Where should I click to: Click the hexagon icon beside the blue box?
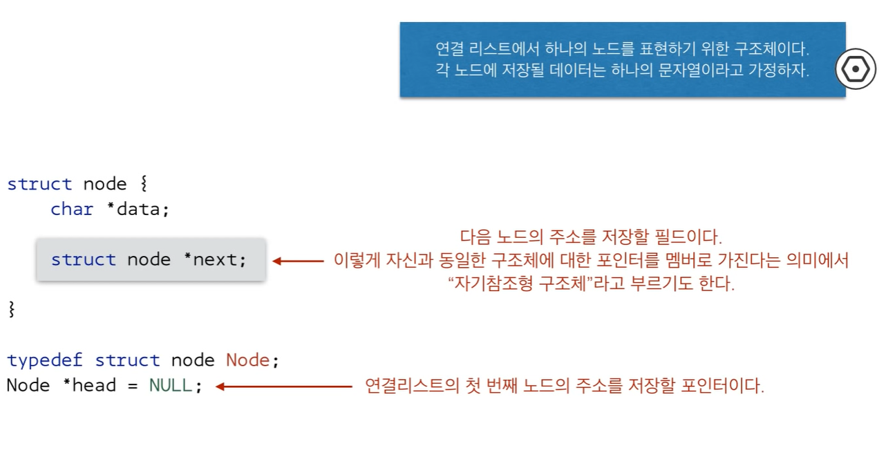[856, 69]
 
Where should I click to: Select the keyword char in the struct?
[72, 210]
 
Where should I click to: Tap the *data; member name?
[138, 210]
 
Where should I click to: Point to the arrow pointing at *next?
[298, 261]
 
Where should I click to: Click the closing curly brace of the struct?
[11, 309]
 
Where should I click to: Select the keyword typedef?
[45, 360]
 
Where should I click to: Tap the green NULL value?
[171, 385]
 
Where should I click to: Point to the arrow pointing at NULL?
[284, 386]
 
